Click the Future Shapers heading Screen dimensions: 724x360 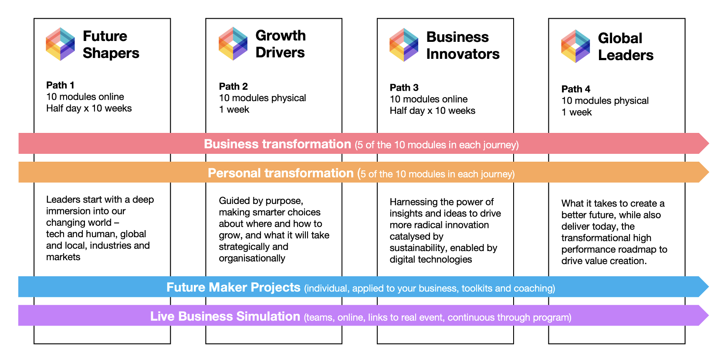coord(111,44)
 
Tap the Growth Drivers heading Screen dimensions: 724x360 coord(280,44)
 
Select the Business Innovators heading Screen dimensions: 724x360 coord(463,45)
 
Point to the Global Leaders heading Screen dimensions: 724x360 coord(626,47)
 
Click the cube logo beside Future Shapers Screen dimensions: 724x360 coord(61,44)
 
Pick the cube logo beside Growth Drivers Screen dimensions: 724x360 coord(233,43)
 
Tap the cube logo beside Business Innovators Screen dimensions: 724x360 coord(404,44)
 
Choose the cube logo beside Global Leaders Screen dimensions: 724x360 coord(575,46)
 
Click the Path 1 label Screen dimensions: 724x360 coord(60,85)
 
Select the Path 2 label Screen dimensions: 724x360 coord(233,86)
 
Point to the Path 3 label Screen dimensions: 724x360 coord(404,87)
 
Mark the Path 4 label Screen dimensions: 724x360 coord(575,89)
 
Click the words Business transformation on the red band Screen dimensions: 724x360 coord(277,144)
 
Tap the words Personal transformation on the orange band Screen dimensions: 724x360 coord(281,173)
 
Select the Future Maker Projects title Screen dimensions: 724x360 coord(233,287)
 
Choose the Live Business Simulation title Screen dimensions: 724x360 coord(225,316)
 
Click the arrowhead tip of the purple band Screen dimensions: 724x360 coord(709,316)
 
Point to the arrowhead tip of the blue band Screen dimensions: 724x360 coord(709,287)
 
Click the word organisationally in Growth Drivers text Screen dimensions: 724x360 coord(252,258)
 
